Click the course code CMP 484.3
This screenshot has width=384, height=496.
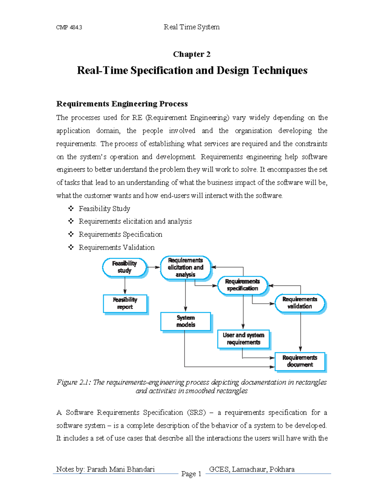[69, 27]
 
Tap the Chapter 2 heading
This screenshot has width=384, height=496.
[192, 54]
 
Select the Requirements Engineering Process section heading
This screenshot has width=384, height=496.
[122, 104]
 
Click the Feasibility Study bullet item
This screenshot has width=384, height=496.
[104, 209]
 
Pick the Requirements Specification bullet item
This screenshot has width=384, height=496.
[120, 234]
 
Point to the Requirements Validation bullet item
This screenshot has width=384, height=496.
[116, 248]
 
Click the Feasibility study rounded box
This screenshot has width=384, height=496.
[124, 267]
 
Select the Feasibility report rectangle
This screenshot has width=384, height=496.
[125, 303]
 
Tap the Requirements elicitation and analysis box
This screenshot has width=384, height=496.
[186, 268]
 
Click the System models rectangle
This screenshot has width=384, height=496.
[186, 321]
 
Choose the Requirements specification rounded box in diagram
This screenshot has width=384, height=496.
[243, 285]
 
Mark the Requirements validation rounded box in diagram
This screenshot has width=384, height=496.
[300, 303]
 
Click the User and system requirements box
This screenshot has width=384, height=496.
[244, 339]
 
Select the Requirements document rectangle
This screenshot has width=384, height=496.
[300, 361]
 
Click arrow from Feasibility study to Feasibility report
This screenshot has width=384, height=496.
[125, 286]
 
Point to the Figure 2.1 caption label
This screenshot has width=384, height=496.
[74, 382]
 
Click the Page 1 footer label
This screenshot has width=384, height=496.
[191, 474]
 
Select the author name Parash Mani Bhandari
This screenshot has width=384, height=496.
[121, 469]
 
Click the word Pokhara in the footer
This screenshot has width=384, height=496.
[282, 469]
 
